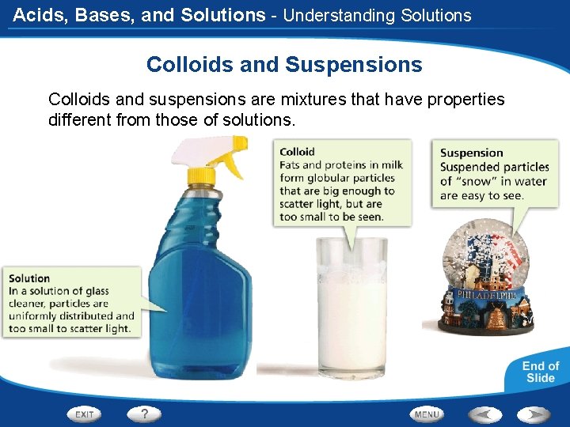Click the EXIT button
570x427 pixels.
point(85,414)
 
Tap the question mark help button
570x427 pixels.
point(144,414)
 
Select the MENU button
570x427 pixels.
point(427,414)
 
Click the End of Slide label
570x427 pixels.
point(540,372)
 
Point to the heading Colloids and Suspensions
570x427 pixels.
point(284,64)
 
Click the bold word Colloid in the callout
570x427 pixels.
point(298,152)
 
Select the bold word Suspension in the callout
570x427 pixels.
point(471,153)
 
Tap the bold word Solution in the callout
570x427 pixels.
point(29,278)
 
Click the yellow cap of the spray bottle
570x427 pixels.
point(203,175)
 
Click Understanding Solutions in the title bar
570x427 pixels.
point(377,15)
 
